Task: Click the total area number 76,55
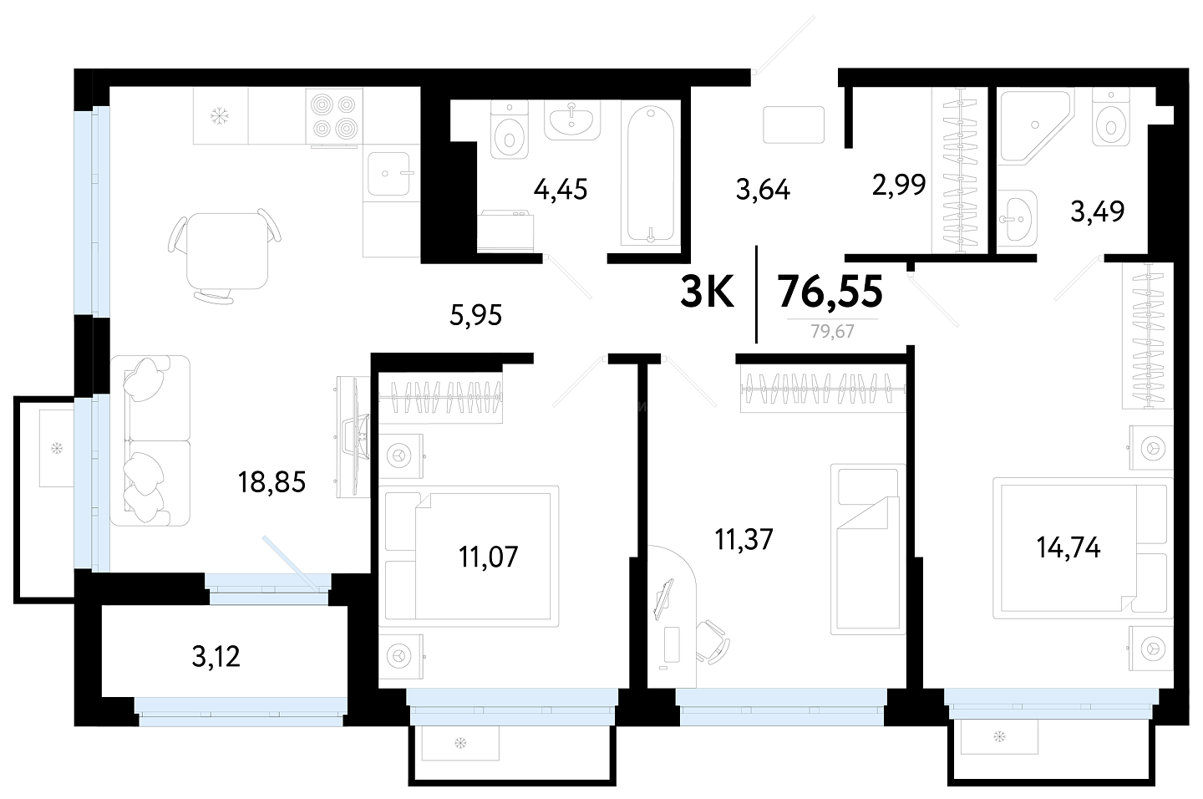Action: point(830,291)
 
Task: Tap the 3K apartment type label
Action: point(707,292)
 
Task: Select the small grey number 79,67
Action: point(832,331)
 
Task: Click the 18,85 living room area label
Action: point(272,482)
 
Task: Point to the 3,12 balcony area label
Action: point(216,656)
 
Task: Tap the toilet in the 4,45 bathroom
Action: point(509,130)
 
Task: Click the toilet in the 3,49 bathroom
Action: point(1110,118)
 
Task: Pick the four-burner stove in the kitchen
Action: point(334,116)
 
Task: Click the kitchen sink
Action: point(388,174)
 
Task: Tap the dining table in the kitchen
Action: point(227,251)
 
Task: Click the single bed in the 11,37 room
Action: point(868,549)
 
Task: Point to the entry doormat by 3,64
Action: point(794,125)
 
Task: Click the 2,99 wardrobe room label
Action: point(899,185)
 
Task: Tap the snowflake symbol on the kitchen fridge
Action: point(219,115)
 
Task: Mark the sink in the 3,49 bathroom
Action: point(1017,218)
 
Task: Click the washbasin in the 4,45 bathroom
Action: point(572,120)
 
